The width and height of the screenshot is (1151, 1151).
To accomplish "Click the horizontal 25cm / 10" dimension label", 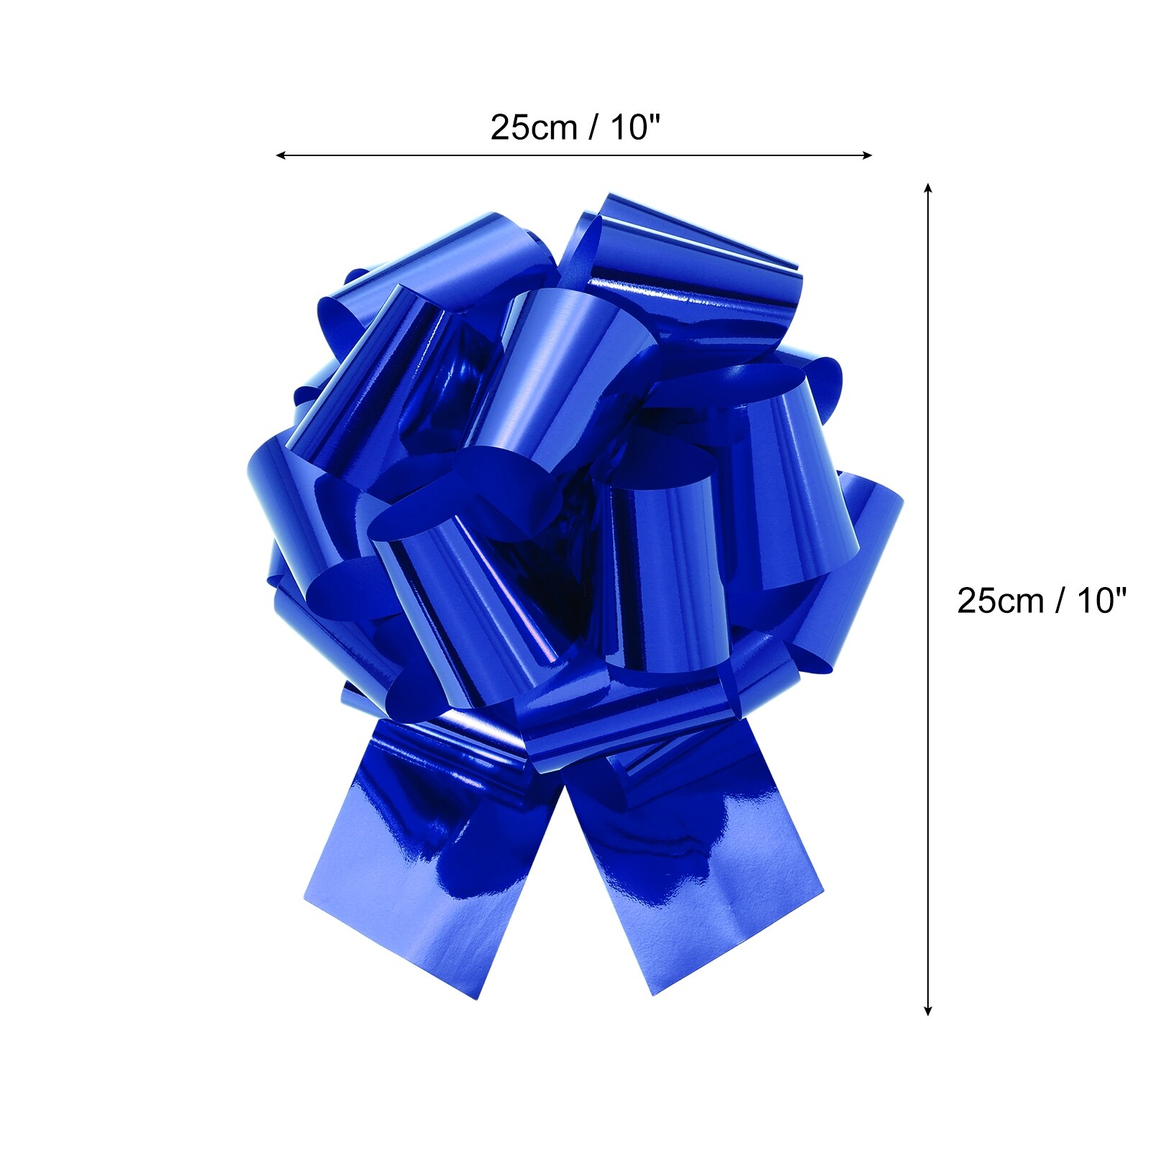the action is tap(575, 128).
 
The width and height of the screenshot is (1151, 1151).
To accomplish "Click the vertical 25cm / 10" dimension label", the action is tap(1041, 601).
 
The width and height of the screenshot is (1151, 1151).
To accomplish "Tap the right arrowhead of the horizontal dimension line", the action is tap(867, 155).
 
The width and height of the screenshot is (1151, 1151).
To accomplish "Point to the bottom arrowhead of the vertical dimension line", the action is tap(928, 1011).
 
